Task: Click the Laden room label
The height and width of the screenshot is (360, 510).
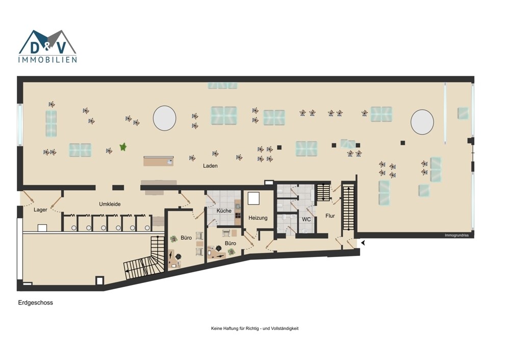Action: [210, 166]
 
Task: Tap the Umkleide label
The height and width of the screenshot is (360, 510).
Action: [110, 204]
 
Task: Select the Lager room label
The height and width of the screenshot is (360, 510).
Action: [40, 210]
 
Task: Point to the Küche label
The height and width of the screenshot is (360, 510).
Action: [224, 211]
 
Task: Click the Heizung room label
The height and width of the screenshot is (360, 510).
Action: [258, 218]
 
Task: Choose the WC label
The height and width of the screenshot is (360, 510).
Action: [306, 219]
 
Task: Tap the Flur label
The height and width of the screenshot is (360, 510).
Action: [330, 216]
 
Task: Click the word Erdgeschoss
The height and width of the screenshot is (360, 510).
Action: [36, 303]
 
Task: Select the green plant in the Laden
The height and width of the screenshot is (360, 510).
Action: [123, 147]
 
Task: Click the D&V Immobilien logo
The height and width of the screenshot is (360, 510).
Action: [47, 46]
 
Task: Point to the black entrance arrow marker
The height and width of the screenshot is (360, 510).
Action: [363, 243]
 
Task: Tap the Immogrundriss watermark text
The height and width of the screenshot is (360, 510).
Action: [456, 235]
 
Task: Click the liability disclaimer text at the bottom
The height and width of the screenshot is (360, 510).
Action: [254, 328]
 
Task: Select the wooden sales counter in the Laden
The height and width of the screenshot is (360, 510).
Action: [159, 161]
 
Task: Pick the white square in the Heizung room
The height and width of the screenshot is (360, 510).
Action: [253, 198]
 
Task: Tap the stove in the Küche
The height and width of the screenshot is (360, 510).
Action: [238, 215]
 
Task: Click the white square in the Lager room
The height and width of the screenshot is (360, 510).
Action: [42, 228]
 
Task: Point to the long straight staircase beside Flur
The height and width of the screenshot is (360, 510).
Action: [348, 208]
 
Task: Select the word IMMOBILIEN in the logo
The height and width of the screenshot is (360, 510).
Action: [47, 60]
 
